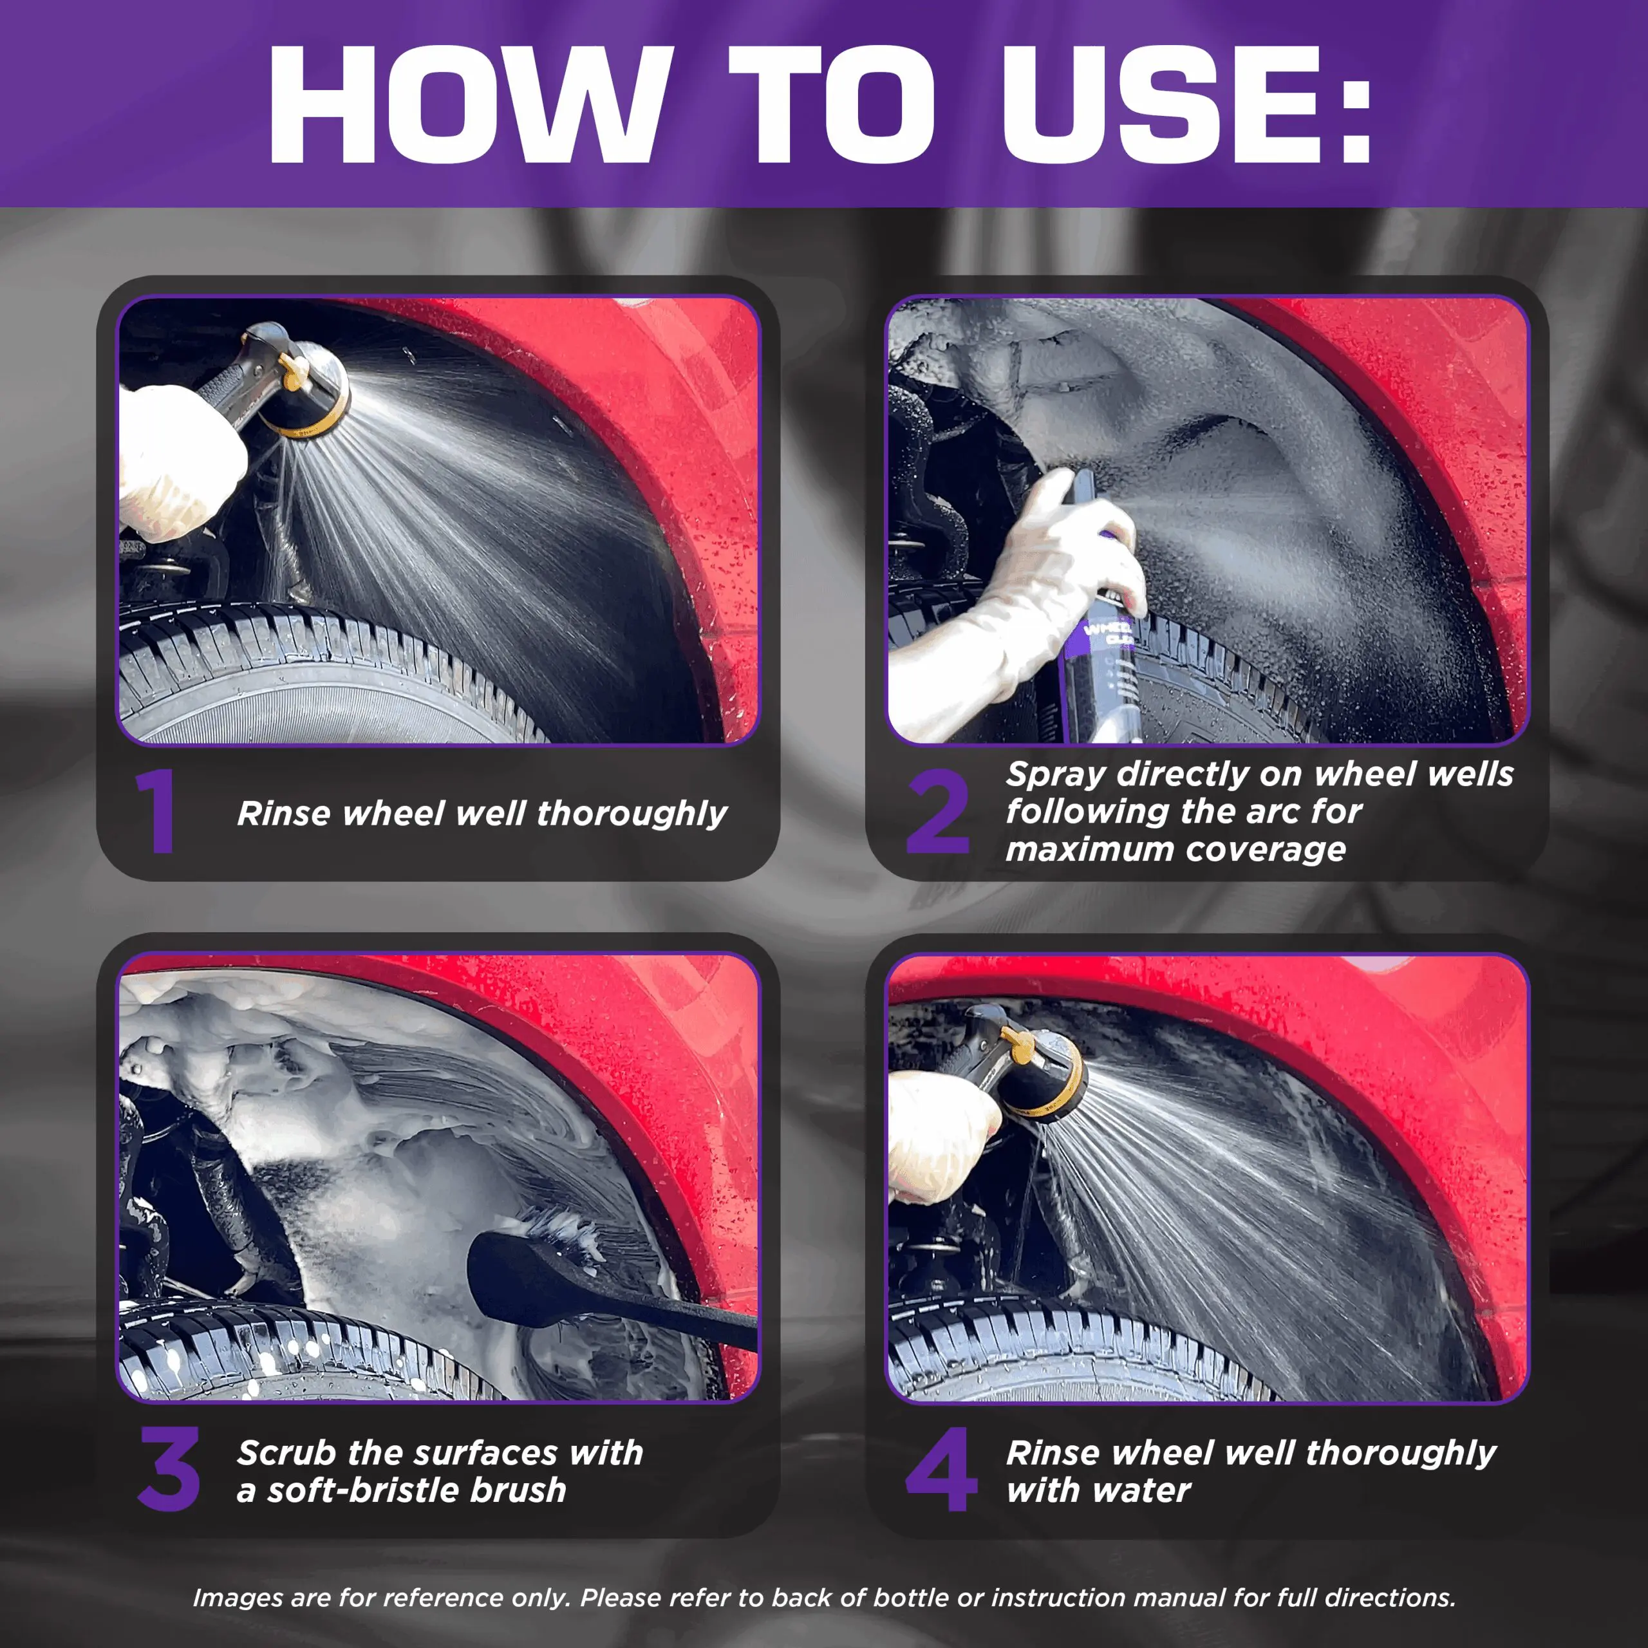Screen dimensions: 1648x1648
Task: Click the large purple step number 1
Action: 156,810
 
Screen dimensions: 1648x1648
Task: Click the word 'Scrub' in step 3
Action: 286,1453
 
